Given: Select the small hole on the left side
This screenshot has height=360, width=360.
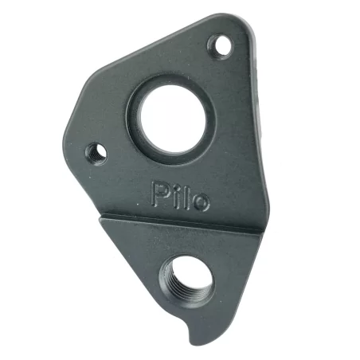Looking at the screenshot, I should (x=96, y=151).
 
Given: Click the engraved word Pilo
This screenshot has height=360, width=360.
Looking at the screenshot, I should (x=180, y=197).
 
